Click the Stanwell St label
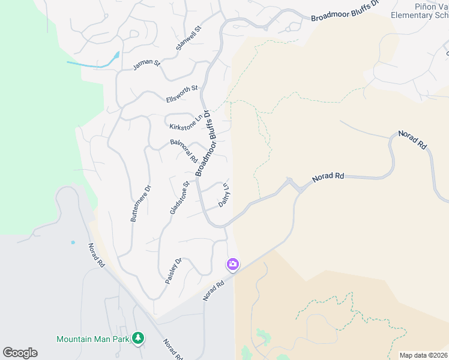pyautogui.click(x=188, y=38)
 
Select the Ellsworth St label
pyautogui.click(x=182, y=94)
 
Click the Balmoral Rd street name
pyautogui.click(x=184, y=151)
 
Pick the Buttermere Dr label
pyautogui.click(x=140, y=203)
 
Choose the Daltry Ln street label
pyautogui.click(x=225, y=195)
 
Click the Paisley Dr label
pyautogui.click(x=173, y=271)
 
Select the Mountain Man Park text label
pyautogui.click(x=93, y=339)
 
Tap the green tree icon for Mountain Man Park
pyautogui.click(x=139, y=338)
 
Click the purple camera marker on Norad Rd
pyautogui.click(x=232, y=264)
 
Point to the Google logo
pyautogui.click(x=20, y=353)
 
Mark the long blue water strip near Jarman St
pyautogui.click(x=93, y=62)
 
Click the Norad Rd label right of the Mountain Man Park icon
pyautogui.click(x=173, y=351)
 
